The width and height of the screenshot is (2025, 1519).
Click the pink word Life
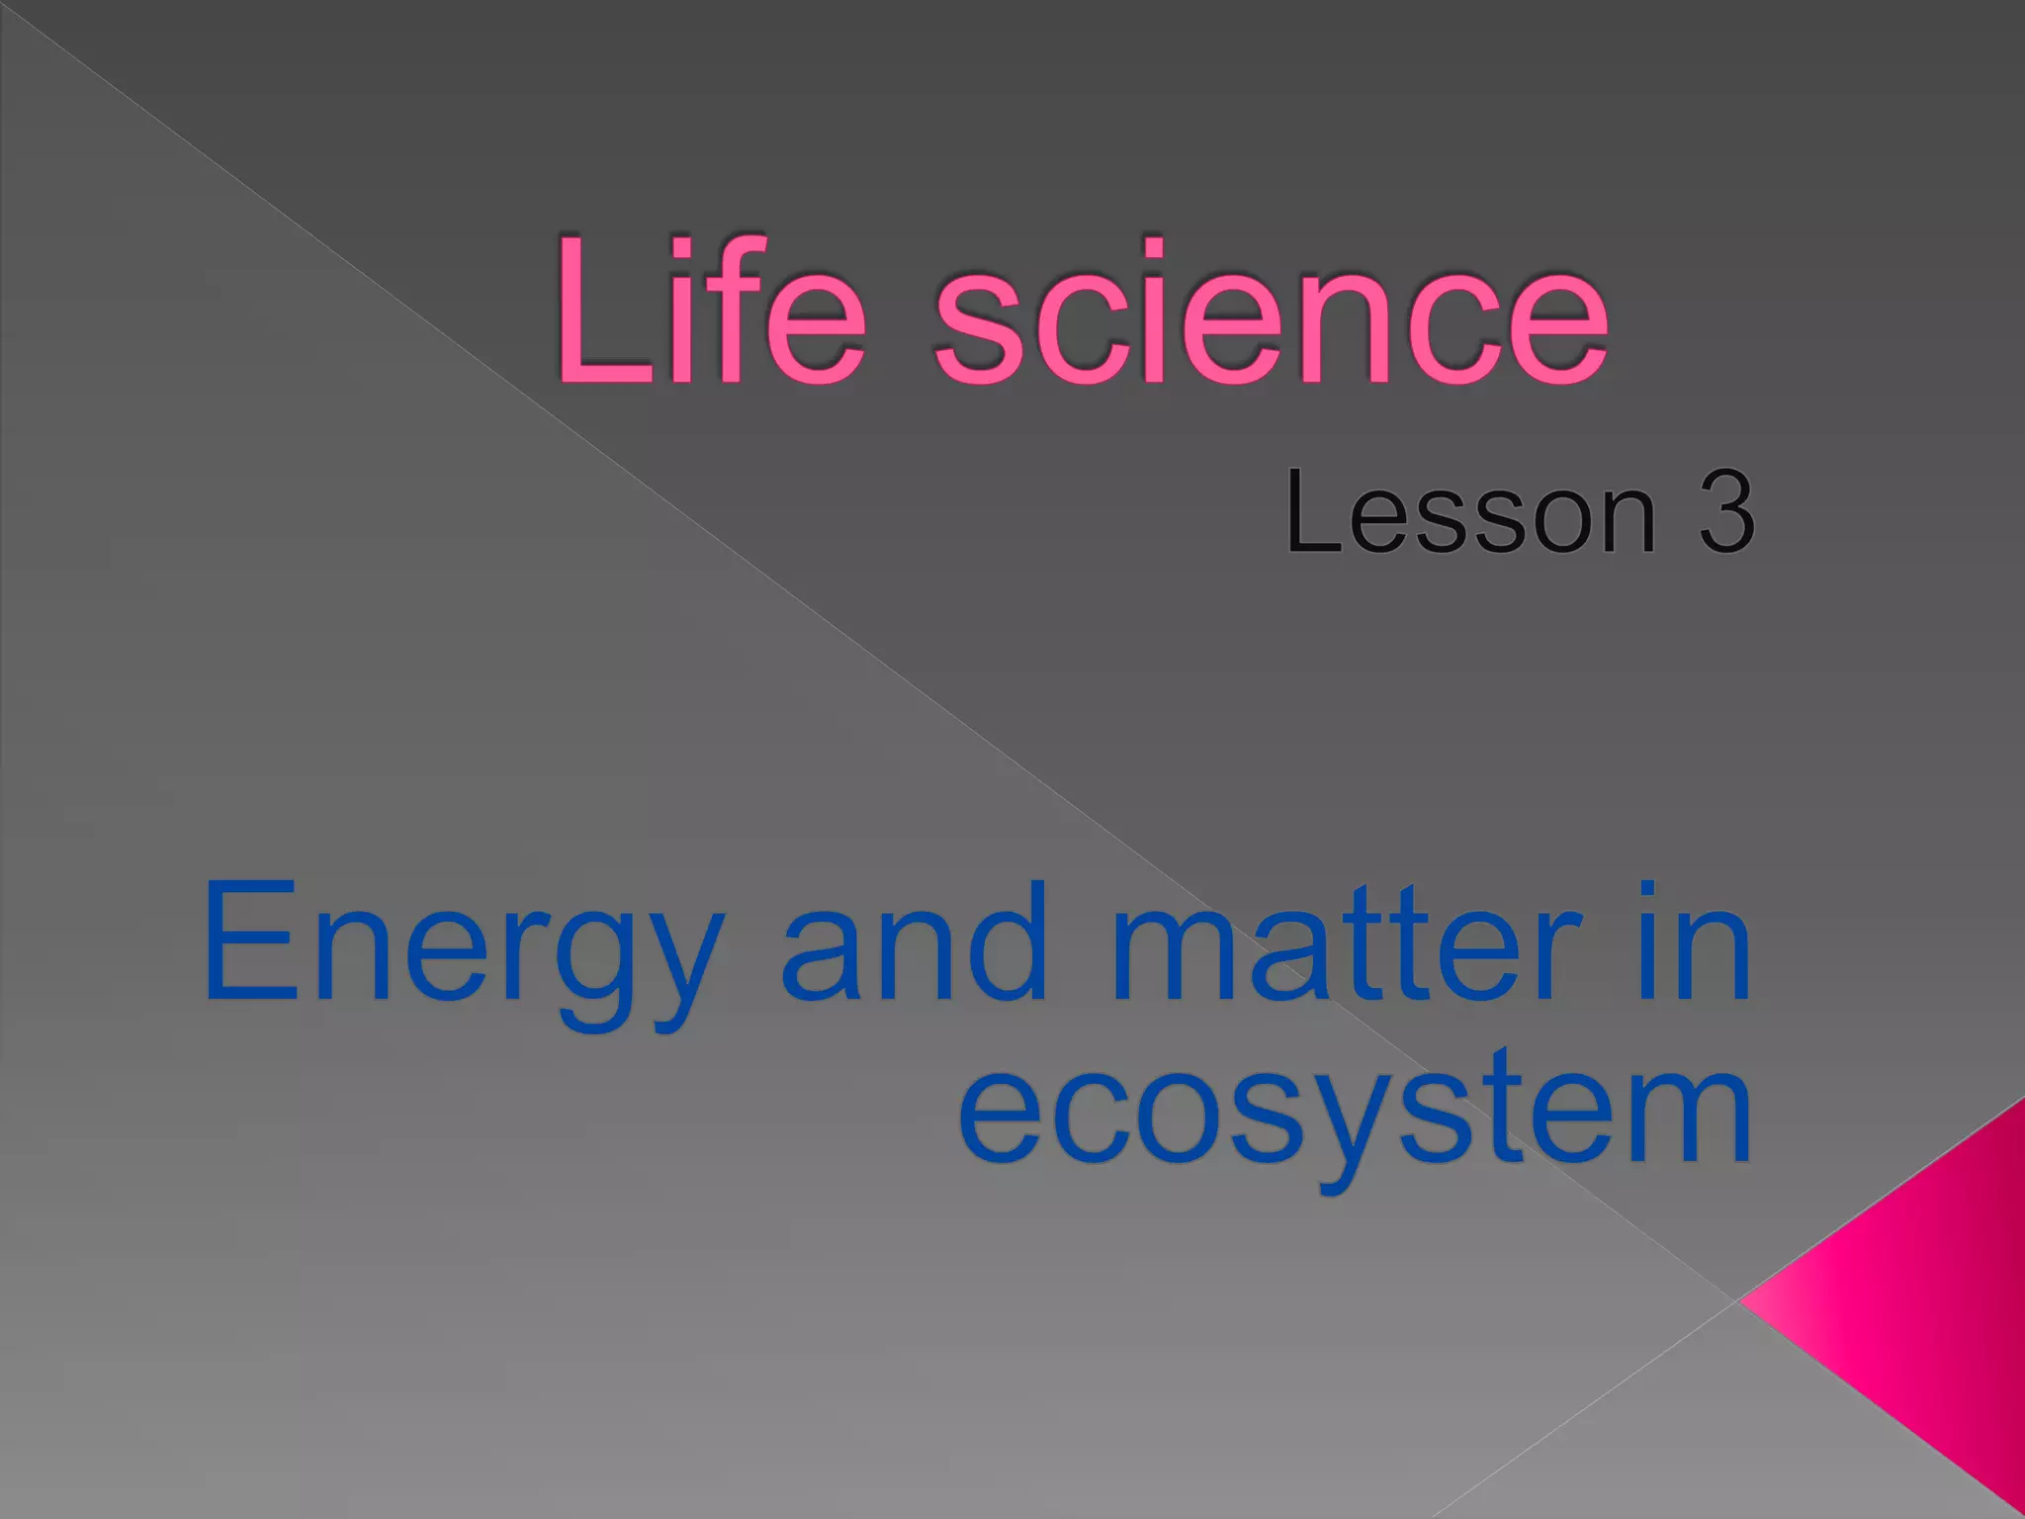[710, 311]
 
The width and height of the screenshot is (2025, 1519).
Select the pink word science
[1272, 313]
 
